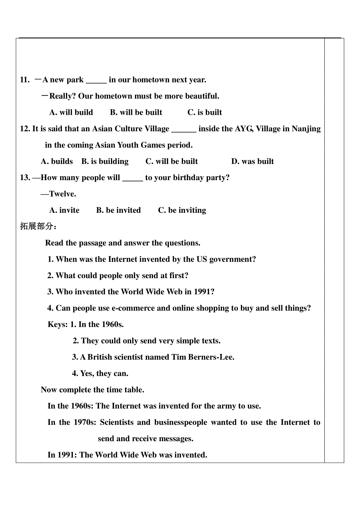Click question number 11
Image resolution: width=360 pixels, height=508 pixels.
click(25, 80)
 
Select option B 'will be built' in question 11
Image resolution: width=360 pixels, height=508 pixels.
click(136, 112)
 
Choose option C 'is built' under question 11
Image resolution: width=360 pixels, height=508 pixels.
click(205, 112)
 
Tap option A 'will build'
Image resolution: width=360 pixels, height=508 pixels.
click(71, 112)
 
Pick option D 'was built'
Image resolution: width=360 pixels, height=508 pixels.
click(252, 162)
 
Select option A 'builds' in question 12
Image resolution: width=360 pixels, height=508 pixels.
click(57, 162)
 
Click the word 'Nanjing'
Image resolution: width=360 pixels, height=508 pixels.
click(306, 129)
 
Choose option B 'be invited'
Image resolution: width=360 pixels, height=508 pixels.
click(118, 210)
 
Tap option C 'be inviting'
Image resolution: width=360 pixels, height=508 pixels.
click(182, 210)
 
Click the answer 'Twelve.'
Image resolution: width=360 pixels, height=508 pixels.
click(62, 194)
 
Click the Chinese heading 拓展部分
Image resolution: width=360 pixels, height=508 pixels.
click(36, 226)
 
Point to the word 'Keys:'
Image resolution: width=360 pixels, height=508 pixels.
click(58, 325)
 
